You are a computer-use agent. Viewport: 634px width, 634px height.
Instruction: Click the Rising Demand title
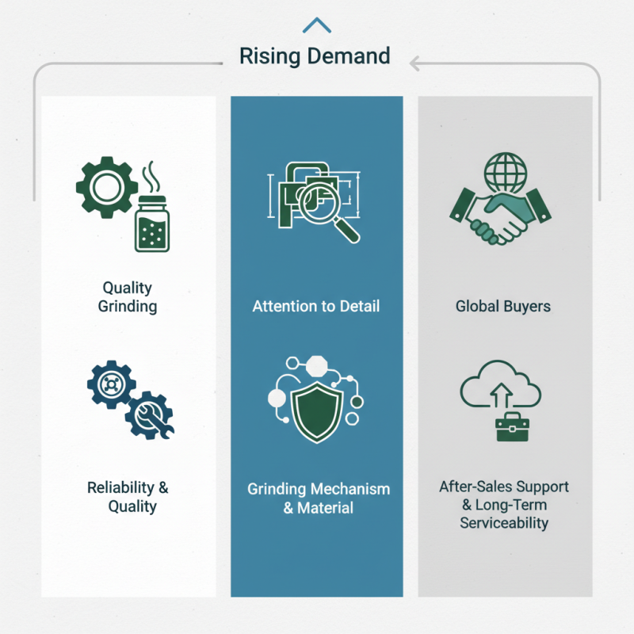pyautogui.click(x=315, y=56)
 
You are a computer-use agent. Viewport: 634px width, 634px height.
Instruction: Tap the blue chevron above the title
pyautogui.click(x=317, y=25)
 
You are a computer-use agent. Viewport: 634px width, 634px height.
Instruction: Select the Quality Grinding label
pyautogui.click(x=128, y=297)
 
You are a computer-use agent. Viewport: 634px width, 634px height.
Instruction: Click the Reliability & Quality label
pyautogui.click(x=128, y=497)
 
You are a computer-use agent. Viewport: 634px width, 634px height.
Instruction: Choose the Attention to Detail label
pyautogui.click(x=316, y=306)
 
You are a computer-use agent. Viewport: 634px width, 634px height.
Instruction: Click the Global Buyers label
pyautogui.click(x=503, y=306)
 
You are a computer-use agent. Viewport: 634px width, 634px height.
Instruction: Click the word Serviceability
pyautogui.click(x=504, y=523)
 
